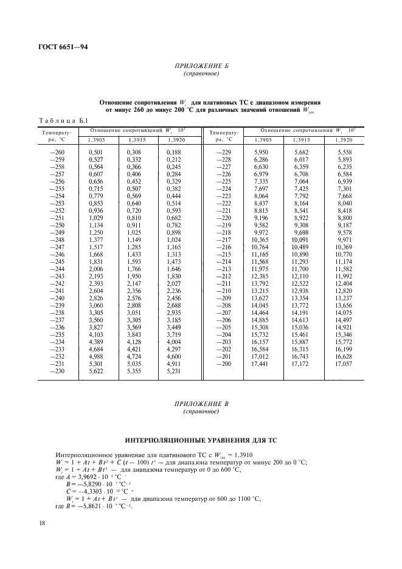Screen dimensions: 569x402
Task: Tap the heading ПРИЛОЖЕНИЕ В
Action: (201, 405)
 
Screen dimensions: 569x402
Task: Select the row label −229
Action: (224, 151)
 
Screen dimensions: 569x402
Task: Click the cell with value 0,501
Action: (95, 151)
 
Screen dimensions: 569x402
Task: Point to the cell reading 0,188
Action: (174, 151)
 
